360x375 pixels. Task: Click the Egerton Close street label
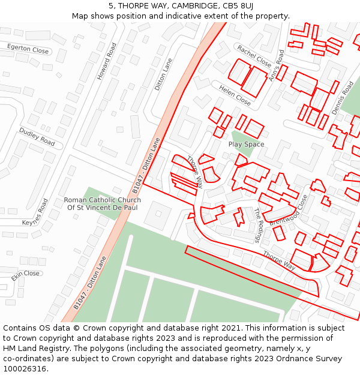[x=28, y=48]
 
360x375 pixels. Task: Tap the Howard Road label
[x=107, y=61]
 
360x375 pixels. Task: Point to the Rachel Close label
[x=254, y=56]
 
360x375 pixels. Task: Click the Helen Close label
[x=235, y=95]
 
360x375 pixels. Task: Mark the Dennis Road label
[x=343, y=98]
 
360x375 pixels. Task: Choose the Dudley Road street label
[x=37, y=137]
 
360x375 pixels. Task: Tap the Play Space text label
[x=246, y=145]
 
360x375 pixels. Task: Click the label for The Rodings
[x=258, y=225]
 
